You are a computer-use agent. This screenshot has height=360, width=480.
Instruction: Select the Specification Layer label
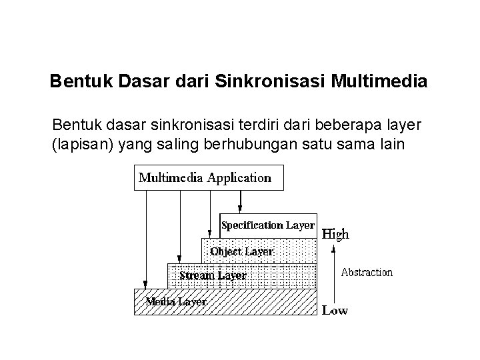pos(267,225)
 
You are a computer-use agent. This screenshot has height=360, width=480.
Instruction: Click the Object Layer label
pos(241,251)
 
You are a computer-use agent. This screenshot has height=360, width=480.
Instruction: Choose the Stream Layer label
pos(213,275)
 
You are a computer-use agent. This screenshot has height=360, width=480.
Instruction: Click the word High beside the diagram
pos(335,234)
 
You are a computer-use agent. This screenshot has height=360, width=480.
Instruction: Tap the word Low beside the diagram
pos(335,311)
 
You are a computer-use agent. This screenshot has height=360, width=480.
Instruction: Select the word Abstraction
pos(367,272)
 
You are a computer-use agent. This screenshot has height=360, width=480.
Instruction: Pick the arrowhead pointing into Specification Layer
pos(241,209)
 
